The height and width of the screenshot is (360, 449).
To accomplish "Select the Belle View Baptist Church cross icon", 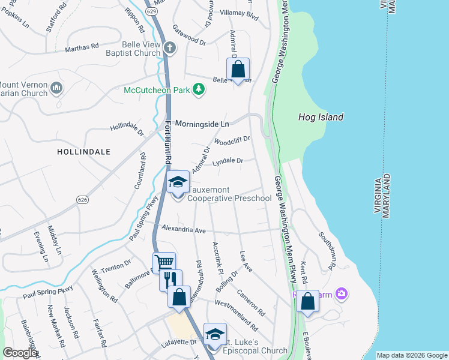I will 170,47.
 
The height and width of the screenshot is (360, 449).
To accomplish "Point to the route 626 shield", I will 83,199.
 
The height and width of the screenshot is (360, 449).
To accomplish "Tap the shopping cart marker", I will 164,262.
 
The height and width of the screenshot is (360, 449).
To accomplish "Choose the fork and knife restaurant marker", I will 170,280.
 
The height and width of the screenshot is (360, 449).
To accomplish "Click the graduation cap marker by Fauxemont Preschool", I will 178,182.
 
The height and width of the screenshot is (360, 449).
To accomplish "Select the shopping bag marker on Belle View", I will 238,70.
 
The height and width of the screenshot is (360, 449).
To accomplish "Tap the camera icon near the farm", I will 342,293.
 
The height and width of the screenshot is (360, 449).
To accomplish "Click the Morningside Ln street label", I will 202,124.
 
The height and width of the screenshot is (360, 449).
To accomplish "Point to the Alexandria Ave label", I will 184,230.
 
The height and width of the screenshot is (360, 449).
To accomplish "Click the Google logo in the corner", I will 19,353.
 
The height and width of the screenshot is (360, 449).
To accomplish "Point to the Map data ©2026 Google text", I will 411,355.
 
